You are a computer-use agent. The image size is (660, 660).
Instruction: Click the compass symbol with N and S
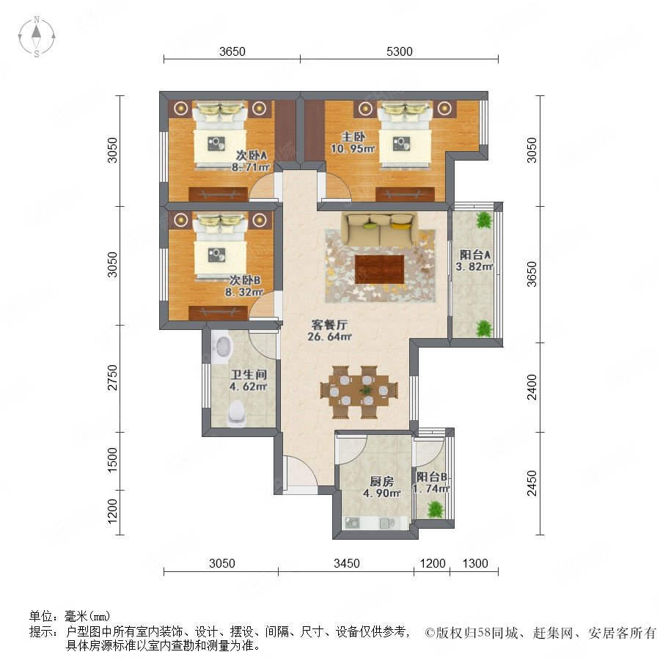pyautogui.click(x=37, y=37)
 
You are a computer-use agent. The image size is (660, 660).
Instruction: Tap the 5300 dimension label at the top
pyautogui.click(x=399, y=51)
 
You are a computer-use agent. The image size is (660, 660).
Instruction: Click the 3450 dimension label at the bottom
pyautogui.click(x=346, y=563)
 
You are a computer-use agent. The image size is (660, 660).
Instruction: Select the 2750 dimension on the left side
pyautogui.click(x=112, y=378)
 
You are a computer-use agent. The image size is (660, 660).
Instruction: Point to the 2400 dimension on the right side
pyautogui.click(x=532, y=386)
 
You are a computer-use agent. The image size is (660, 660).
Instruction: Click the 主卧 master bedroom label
pyautogui.click(x=353, y=136)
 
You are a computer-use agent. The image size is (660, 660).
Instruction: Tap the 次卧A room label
pyautogui.click(x=252, y=155)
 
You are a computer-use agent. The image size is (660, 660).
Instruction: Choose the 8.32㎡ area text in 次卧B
pyautogui.click(x=244, y=292)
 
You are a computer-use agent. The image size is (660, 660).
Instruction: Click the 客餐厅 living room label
pyautogui.click(x=329, y=325)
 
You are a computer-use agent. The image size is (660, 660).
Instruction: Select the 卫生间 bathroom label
pyautogui.click(x=249, y=374)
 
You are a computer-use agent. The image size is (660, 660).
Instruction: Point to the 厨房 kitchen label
pyautogui.click(x=382, y=481)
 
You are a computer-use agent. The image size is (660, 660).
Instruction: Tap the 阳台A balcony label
pyautogui.click(x=474, y=254)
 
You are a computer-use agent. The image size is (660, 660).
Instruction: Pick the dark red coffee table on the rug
pyautogui.click(x=380, y=268)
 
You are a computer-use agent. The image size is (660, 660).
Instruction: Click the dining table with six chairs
pyautogui.click(x=359, y=392)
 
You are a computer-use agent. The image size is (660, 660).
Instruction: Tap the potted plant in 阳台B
pyautogui.click(x=435, y=510)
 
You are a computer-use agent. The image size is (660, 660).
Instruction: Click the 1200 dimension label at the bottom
pyautogui.click(x=433, y=563)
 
